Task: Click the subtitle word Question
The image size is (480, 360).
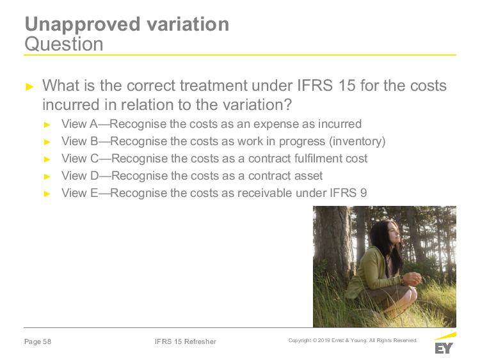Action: click(63, 44)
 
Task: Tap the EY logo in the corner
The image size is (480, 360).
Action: click(445, 343)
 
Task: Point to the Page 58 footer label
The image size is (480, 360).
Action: click(38, 341)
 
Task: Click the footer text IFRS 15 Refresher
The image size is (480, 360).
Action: click(186, 341)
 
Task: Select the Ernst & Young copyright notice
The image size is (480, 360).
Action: click(353, 340)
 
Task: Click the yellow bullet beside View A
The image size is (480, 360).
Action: click(47, 125)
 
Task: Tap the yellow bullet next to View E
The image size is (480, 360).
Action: click(47, 194)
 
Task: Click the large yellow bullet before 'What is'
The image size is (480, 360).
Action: click(29, 87)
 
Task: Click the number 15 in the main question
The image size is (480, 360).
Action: click(347, 85)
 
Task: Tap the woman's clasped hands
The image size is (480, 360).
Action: click(412, 278)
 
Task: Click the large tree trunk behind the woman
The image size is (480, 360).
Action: click(333, 245)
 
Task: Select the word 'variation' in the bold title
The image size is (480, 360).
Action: click(188, 24)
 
